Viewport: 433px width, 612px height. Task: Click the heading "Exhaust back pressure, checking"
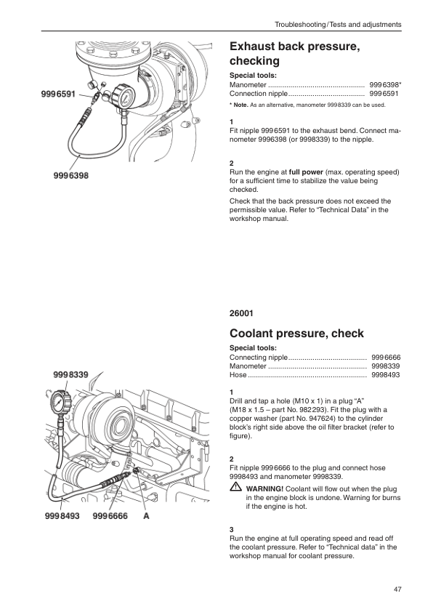(x=294, y=54)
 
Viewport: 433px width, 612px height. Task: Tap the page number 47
(x=397, y=589)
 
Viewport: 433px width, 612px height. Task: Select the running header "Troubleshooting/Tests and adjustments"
(x=338, y=25)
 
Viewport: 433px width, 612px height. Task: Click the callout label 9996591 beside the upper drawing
(x=58, y=94)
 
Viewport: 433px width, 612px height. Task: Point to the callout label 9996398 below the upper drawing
(x=71, y=176)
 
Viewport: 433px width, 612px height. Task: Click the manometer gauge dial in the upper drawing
(x=124, y=97)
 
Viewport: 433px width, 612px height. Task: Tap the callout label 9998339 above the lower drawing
(x=70, y=375)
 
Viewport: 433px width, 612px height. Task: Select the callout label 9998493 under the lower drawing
(x=62, y=516)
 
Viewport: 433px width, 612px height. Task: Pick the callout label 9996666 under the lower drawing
(x=110, y=516)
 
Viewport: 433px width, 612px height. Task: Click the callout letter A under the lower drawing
(x=146, y=516)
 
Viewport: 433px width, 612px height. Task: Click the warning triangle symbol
(x=235, y=487)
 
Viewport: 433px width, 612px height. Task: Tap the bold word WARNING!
(x=265, y=489)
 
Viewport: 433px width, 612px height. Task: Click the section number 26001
(x=241, y=313)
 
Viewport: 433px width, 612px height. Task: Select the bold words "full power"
(x=306, y=172)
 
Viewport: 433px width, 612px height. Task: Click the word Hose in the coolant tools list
(x=238, y=375)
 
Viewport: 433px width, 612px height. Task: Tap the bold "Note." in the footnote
(x=240, y=105)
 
